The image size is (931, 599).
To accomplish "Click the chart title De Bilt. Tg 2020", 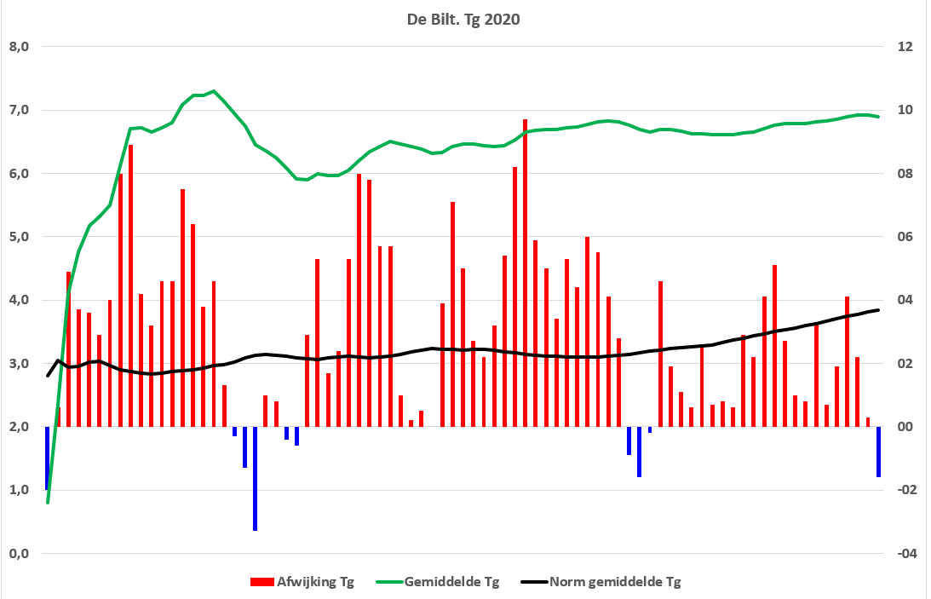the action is coord(463,20).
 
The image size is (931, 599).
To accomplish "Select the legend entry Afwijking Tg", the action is coord(302,582).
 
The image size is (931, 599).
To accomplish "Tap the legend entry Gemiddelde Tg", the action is coord(438,582).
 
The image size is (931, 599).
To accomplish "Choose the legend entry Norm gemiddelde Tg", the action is coord(601,582).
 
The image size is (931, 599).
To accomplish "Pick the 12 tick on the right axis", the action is coord(905,47).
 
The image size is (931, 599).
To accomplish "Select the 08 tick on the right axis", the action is coord(905,174).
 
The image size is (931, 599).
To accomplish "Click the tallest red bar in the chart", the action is coord(525,273).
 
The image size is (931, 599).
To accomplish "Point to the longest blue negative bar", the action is coord(255,479).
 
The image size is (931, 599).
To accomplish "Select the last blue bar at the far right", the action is coord(878,452).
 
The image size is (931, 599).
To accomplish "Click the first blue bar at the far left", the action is coord(47,458).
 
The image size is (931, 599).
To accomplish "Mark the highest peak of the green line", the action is coord(214,91).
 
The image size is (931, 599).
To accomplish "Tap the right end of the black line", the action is coord(878,310).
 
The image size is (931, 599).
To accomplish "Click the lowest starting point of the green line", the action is coord(48,503).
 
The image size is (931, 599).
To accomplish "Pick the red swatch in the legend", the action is coord(261,582).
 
